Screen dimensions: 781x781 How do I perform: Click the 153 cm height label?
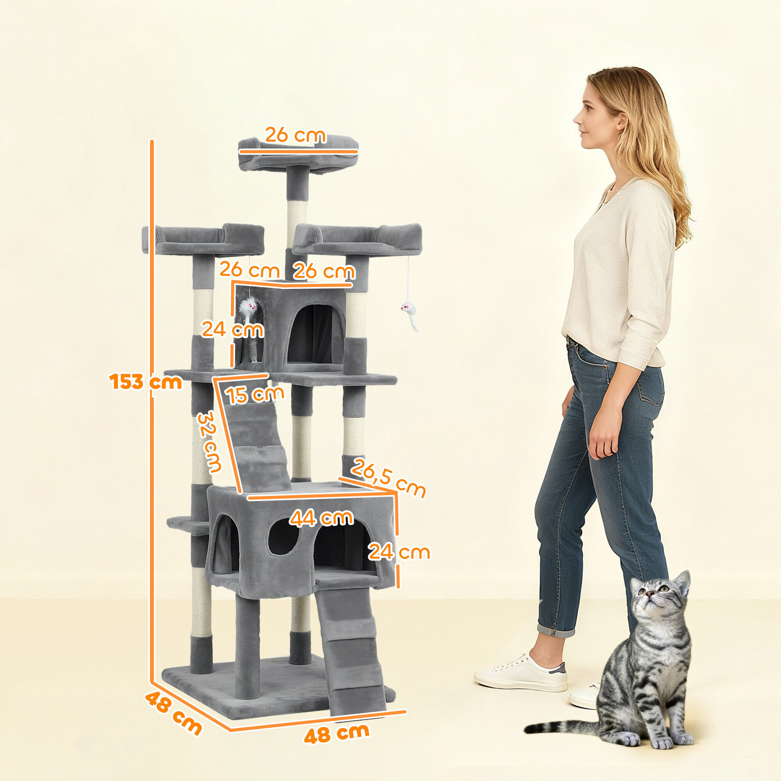click(146, 382)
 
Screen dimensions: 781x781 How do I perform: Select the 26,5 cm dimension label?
click(388, 478)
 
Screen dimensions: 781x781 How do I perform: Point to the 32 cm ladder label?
click(209, 441)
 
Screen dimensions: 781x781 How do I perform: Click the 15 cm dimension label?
click(255, 394)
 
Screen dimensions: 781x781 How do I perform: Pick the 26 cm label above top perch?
click(295, 135)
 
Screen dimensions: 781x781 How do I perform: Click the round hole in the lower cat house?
click(284, 537)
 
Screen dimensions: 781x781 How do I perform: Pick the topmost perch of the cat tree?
click(298, 156)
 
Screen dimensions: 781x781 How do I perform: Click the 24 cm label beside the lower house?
click(399, 553)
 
